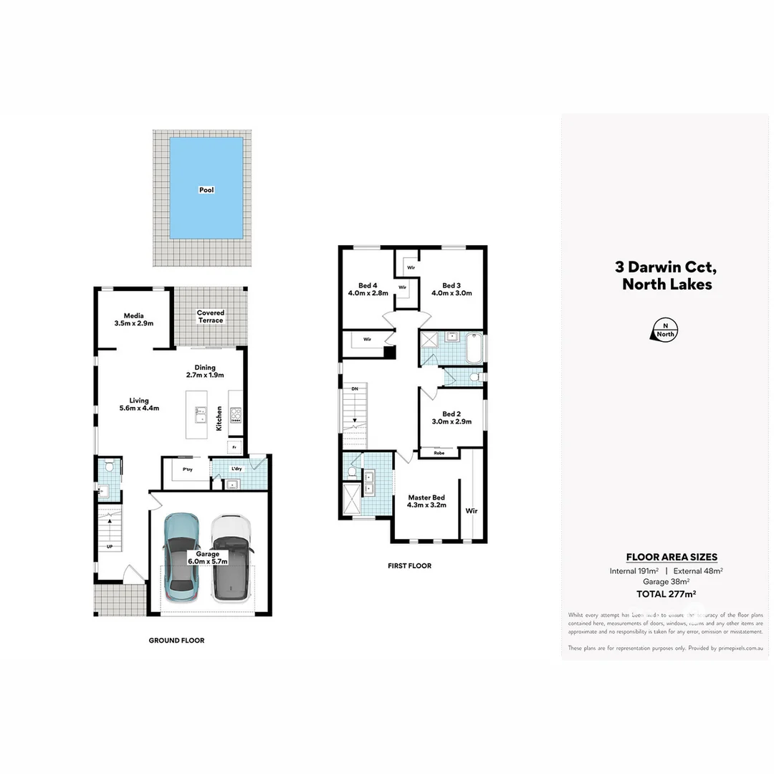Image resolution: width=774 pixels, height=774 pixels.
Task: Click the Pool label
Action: click(x=206, y=190)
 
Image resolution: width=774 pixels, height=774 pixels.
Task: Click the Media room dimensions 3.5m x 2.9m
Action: click(x=134, y=324)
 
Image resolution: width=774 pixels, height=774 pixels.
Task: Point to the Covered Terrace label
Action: click(x=211, y=316)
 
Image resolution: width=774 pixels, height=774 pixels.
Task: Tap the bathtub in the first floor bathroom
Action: click(x=474, y=348)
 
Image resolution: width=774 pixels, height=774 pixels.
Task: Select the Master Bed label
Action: click(x=427, y=501)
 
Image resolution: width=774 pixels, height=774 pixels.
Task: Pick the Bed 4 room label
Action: click(x=368, y=289)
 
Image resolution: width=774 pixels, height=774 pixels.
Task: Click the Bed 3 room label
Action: click(x=451, y=289)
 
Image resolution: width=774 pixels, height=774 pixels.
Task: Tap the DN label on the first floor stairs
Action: click(x=354, y=388)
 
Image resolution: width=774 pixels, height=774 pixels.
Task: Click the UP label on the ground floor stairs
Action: click(x=109, y=547)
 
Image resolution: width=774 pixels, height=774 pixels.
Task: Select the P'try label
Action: click(x=187, y=469)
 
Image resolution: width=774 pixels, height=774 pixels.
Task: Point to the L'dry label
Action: click(x=236, y=469)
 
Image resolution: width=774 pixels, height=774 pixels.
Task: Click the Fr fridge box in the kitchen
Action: click(x=234, y=447)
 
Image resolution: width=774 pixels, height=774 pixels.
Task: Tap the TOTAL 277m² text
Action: click(x=666, y=593)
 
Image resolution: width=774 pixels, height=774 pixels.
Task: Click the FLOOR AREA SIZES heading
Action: click(x=672, y=557)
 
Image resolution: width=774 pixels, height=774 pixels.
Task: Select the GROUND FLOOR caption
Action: click(x=176, y=641)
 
